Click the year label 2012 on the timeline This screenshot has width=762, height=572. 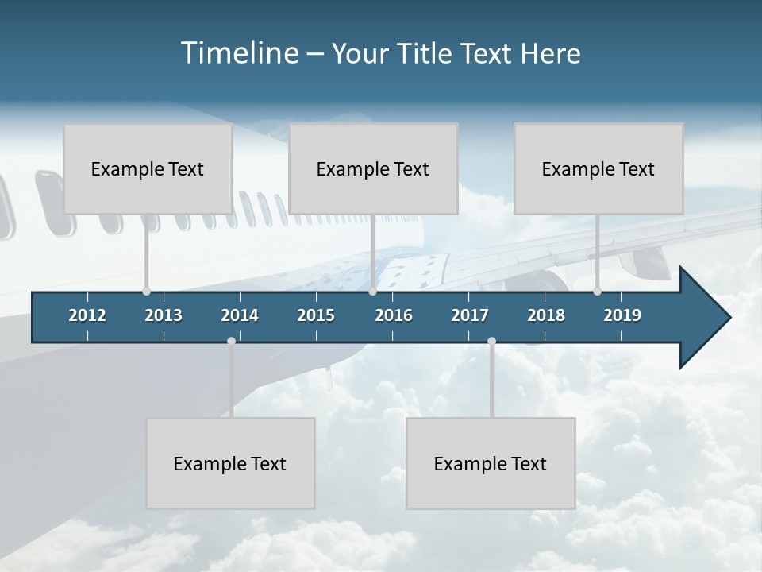tap(87, 315)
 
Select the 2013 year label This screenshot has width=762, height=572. tap(164, 315)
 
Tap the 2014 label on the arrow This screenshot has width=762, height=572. tap(240, 315)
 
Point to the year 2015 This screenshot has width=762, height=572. tap(316, 315)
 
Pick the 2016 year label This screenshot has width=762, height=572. tap(394, 315)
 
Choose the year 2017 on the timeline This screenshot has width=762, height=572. tap(470, 315)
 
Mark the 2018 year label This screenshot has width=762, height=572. tap(546, 315)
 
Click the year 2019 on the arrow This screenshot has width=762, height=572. tap(622, 315)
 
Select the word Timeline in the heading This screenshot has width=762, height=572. tap(240, 52)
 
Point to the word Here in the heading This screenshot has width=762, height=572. tap(550, 53)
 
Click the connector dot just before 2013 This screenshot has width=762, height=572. tap(146, 292)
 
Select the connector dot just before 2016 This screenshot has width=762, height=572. tap(372, 292)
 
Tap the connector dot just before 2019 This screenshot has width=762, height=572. tap(598, 292)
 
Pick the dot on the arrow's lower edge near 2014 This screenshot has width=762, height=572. tap(231, 342)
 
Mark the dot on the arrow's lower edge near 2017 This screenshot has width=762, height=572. tap(491, 342)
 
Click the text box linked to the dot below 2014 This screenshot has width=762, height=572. tap(230, 463)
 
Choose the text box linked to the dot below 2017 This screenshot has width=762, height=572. tap(491, 463)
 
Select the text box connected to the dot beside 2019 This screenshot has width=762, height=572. tap(598, 168)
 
